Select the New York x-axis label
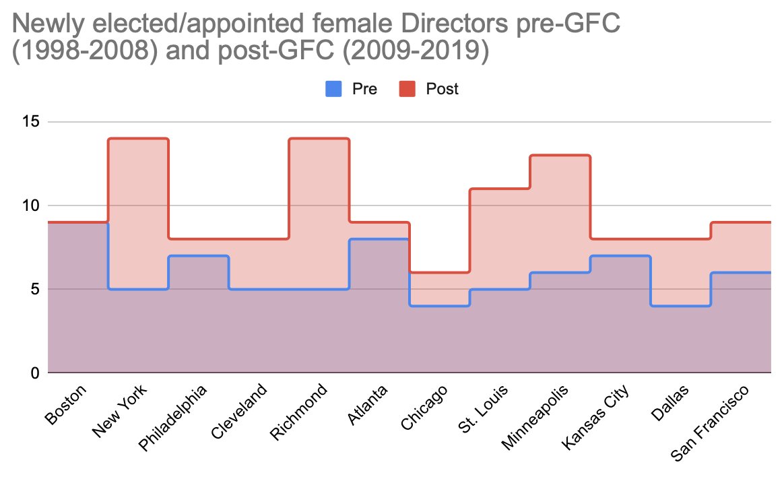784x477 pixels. (x=122, y=410)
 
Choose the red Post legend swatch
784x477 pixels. (x=407, y=88)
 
